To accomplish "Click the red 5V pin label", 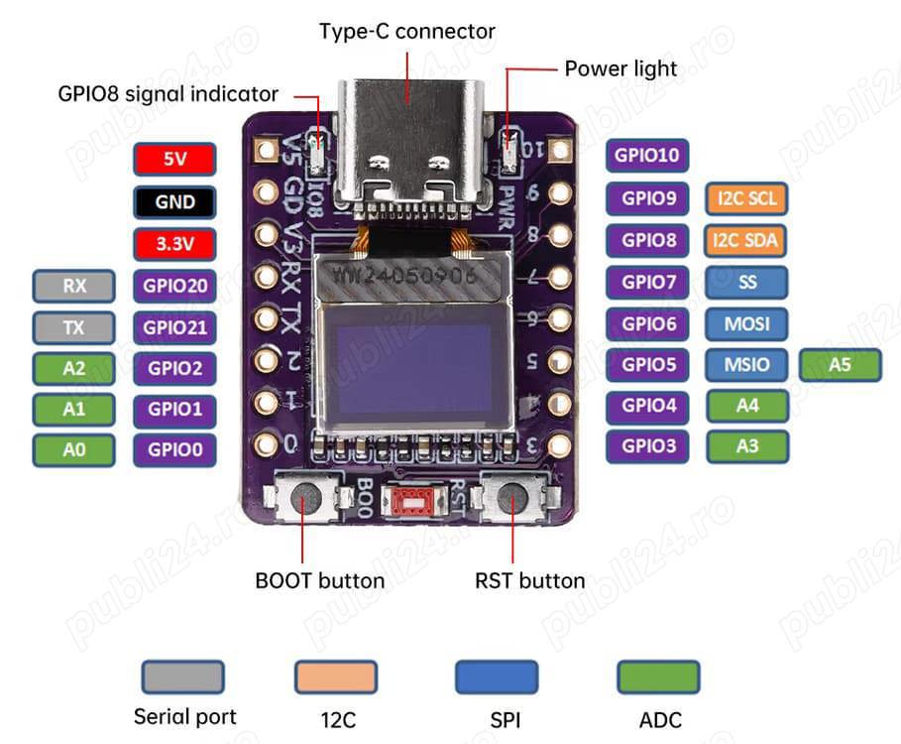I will [174, 160].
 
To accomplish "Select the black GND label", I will [174, 201].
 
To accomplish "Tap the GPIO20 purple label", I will [174, 286].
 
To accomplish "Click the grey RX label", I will [74, 286].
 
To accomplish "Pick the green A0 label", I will [74, 449].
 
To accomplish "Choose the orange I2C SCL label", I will [747, 198].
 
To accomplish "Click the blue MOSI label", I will [747, 323].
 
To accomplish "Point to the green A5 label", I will [840, 364].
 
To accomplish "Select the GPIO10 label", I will [647, 155].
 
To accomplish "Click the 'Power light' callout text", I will [620, 68].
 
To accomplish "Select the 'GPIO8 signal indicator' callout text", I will [168, 94].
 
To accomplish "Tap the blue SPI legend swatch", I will [497, 678].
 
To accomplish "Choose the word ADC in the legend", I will [660, 720].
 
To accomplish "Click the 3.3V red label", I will [174, 243].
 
